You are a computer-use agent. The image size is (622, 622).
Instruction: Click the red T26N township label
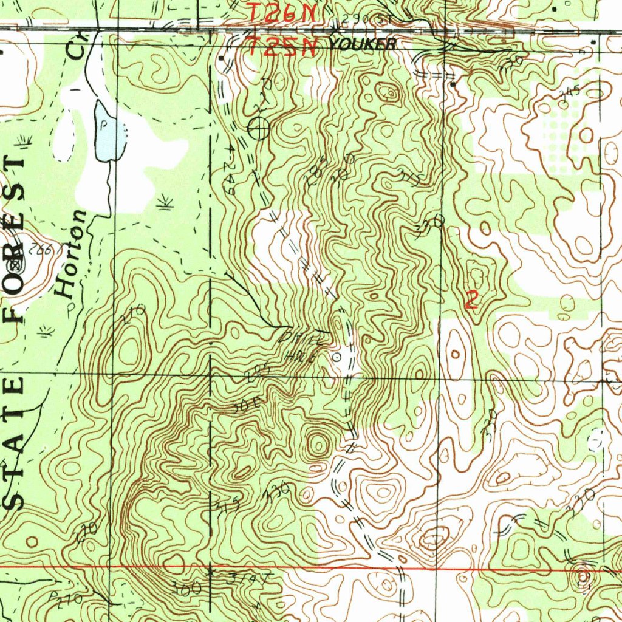pyautogui.click(x=282, y=12)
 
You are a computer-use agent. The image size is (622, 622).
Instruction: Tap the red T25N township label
pyautogui.click(x=282, y=47)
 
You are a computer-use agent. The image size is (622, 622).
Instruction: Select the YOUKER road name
pyautogui.click(x=363, y=44)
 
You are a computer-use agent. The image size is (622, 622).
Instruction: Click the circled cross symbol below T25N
pyautogui.click(x=259, y=128)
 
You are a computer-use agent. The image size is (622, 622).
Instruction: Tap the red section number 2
pyautogui.click(x=470, y=300)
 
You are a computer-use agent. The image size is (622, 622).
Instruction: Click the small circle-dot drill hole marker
pyautogui.click(x=338, y=357)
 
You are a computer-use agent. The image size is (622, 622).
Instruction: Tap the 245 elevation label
pyautogui.click(x=572, y=92)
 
